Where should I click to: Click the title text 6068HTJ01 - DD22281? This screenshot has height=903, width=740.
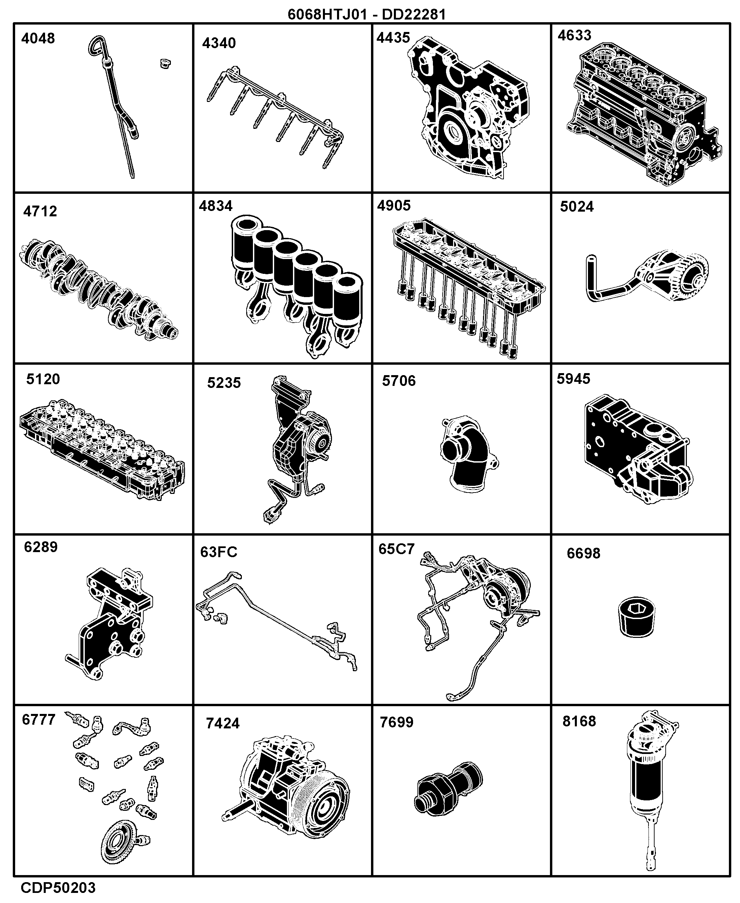(x=367, y=14)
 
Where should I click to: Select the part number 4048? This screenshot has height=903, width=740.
(x=38, y=38)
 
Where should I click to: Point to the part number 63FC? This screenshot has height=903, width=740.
(x=219, y=552)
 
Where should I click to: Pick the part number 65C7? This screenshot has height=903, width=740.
(x=397, y=549)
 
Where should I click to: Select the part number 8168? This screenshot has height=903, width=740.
(x=579, y=721)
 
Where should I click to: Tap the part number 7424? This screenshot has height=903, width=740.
(x=223, y=723)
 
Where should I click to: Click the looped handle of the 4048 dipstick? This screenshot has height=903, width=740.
(x=97, y=44)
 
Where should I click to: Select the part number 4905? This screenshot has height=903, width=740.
(x=394, y=206)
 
